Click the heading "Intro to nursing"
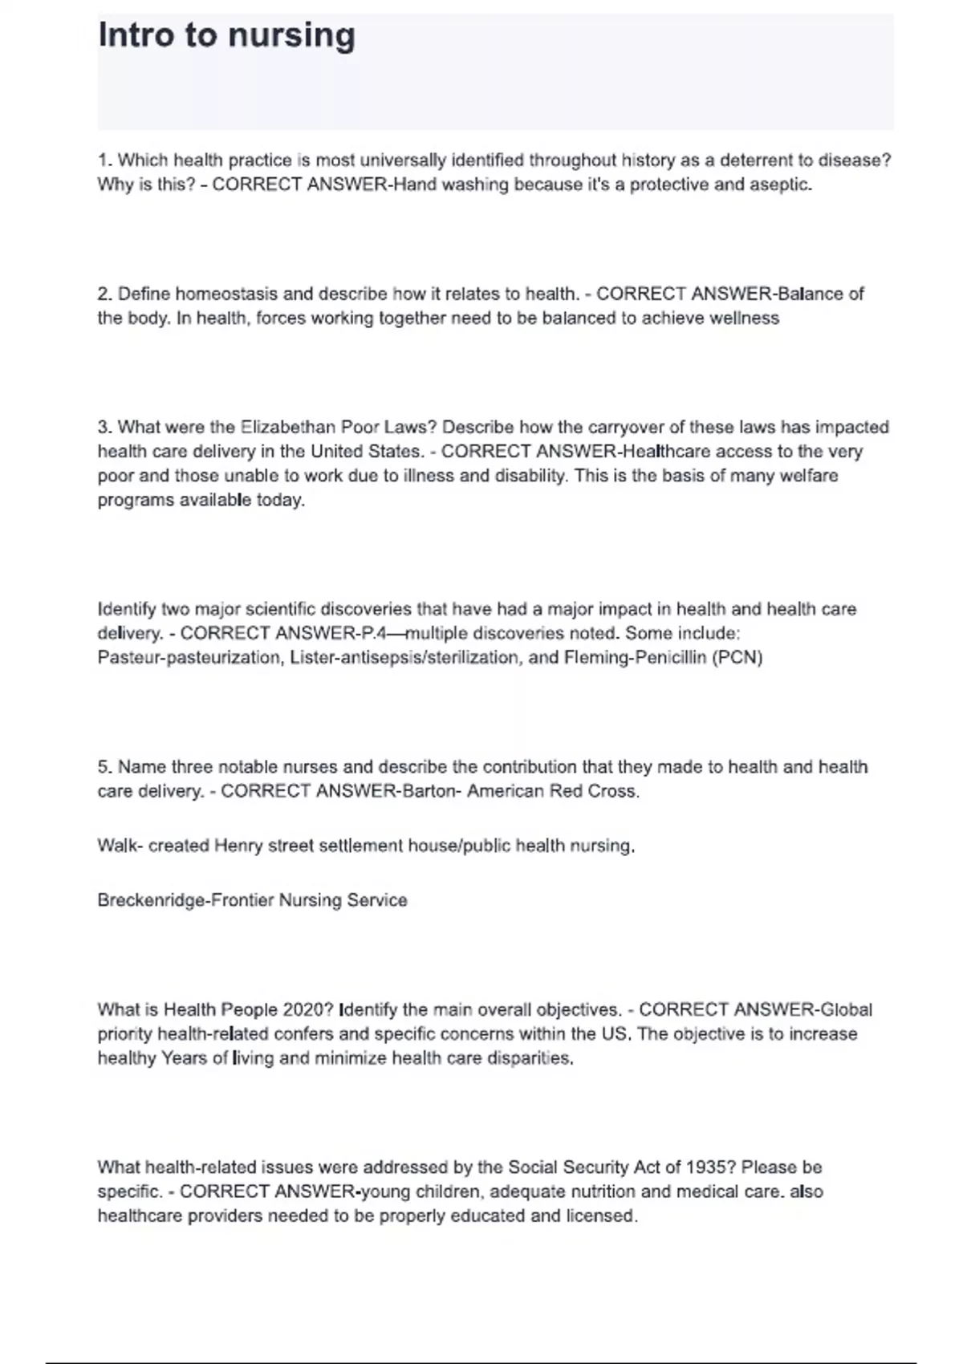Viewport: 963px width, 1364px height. (226, 36)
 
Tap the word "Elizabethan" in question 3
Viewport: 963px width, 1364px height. (288, 427)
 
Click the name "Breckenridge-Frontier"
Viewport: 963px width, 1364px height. (185, 900)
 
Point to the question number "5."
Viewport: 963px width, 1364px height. (105, 767)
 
